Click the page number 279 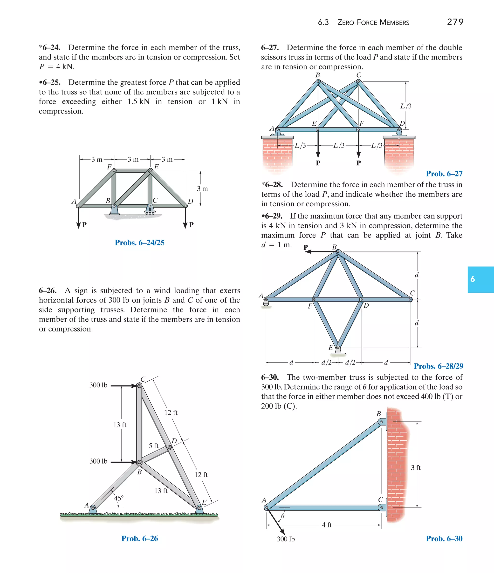click(455, 22)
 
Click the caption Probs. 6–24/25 click(139, 243)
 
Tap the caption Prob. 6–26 click(139, 539)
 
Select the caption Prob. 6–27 click(444, 174)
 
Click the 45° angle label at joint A click(119, 498)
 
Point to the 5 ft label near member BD click(153, 445)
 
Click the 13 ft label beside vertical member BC click(120, 425)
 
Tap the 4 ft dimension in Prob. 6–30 click(327, 525)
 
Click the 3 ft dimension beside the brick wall click(415, 467)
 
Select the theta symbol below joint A click(282, 516)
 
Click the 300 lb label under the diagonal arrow click(286, 539)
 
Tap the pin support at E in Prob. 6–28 click(338, 351)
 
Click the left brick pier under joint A click(277, 154)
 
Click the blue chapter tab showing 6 click(480, 279)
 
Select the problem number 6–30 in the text click(270, 377)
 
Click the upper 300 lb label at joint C click(98, 385)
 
